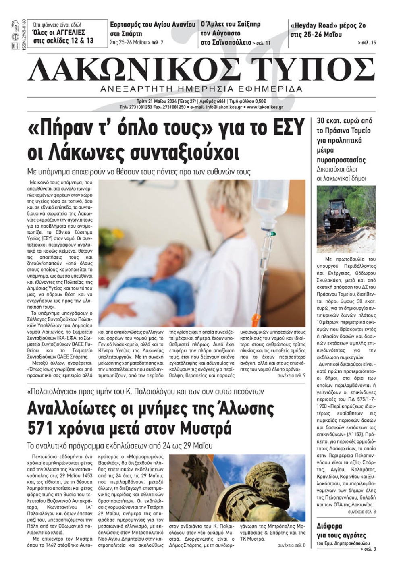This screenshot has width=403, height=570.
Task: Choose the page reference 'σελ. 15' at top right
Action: [x=366, y=43]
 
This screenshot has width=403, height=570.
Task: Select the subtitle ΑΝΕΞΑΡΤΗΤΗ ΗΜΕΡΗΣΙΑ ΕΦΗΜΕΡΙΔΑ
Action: [x=201, y=89]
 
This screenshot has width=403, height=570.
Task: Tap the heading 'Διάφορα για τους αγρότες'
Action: [x=341, y=531]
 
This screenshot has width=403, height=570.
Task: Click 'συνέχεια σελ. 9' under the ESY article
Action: [x=291, y=375]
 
